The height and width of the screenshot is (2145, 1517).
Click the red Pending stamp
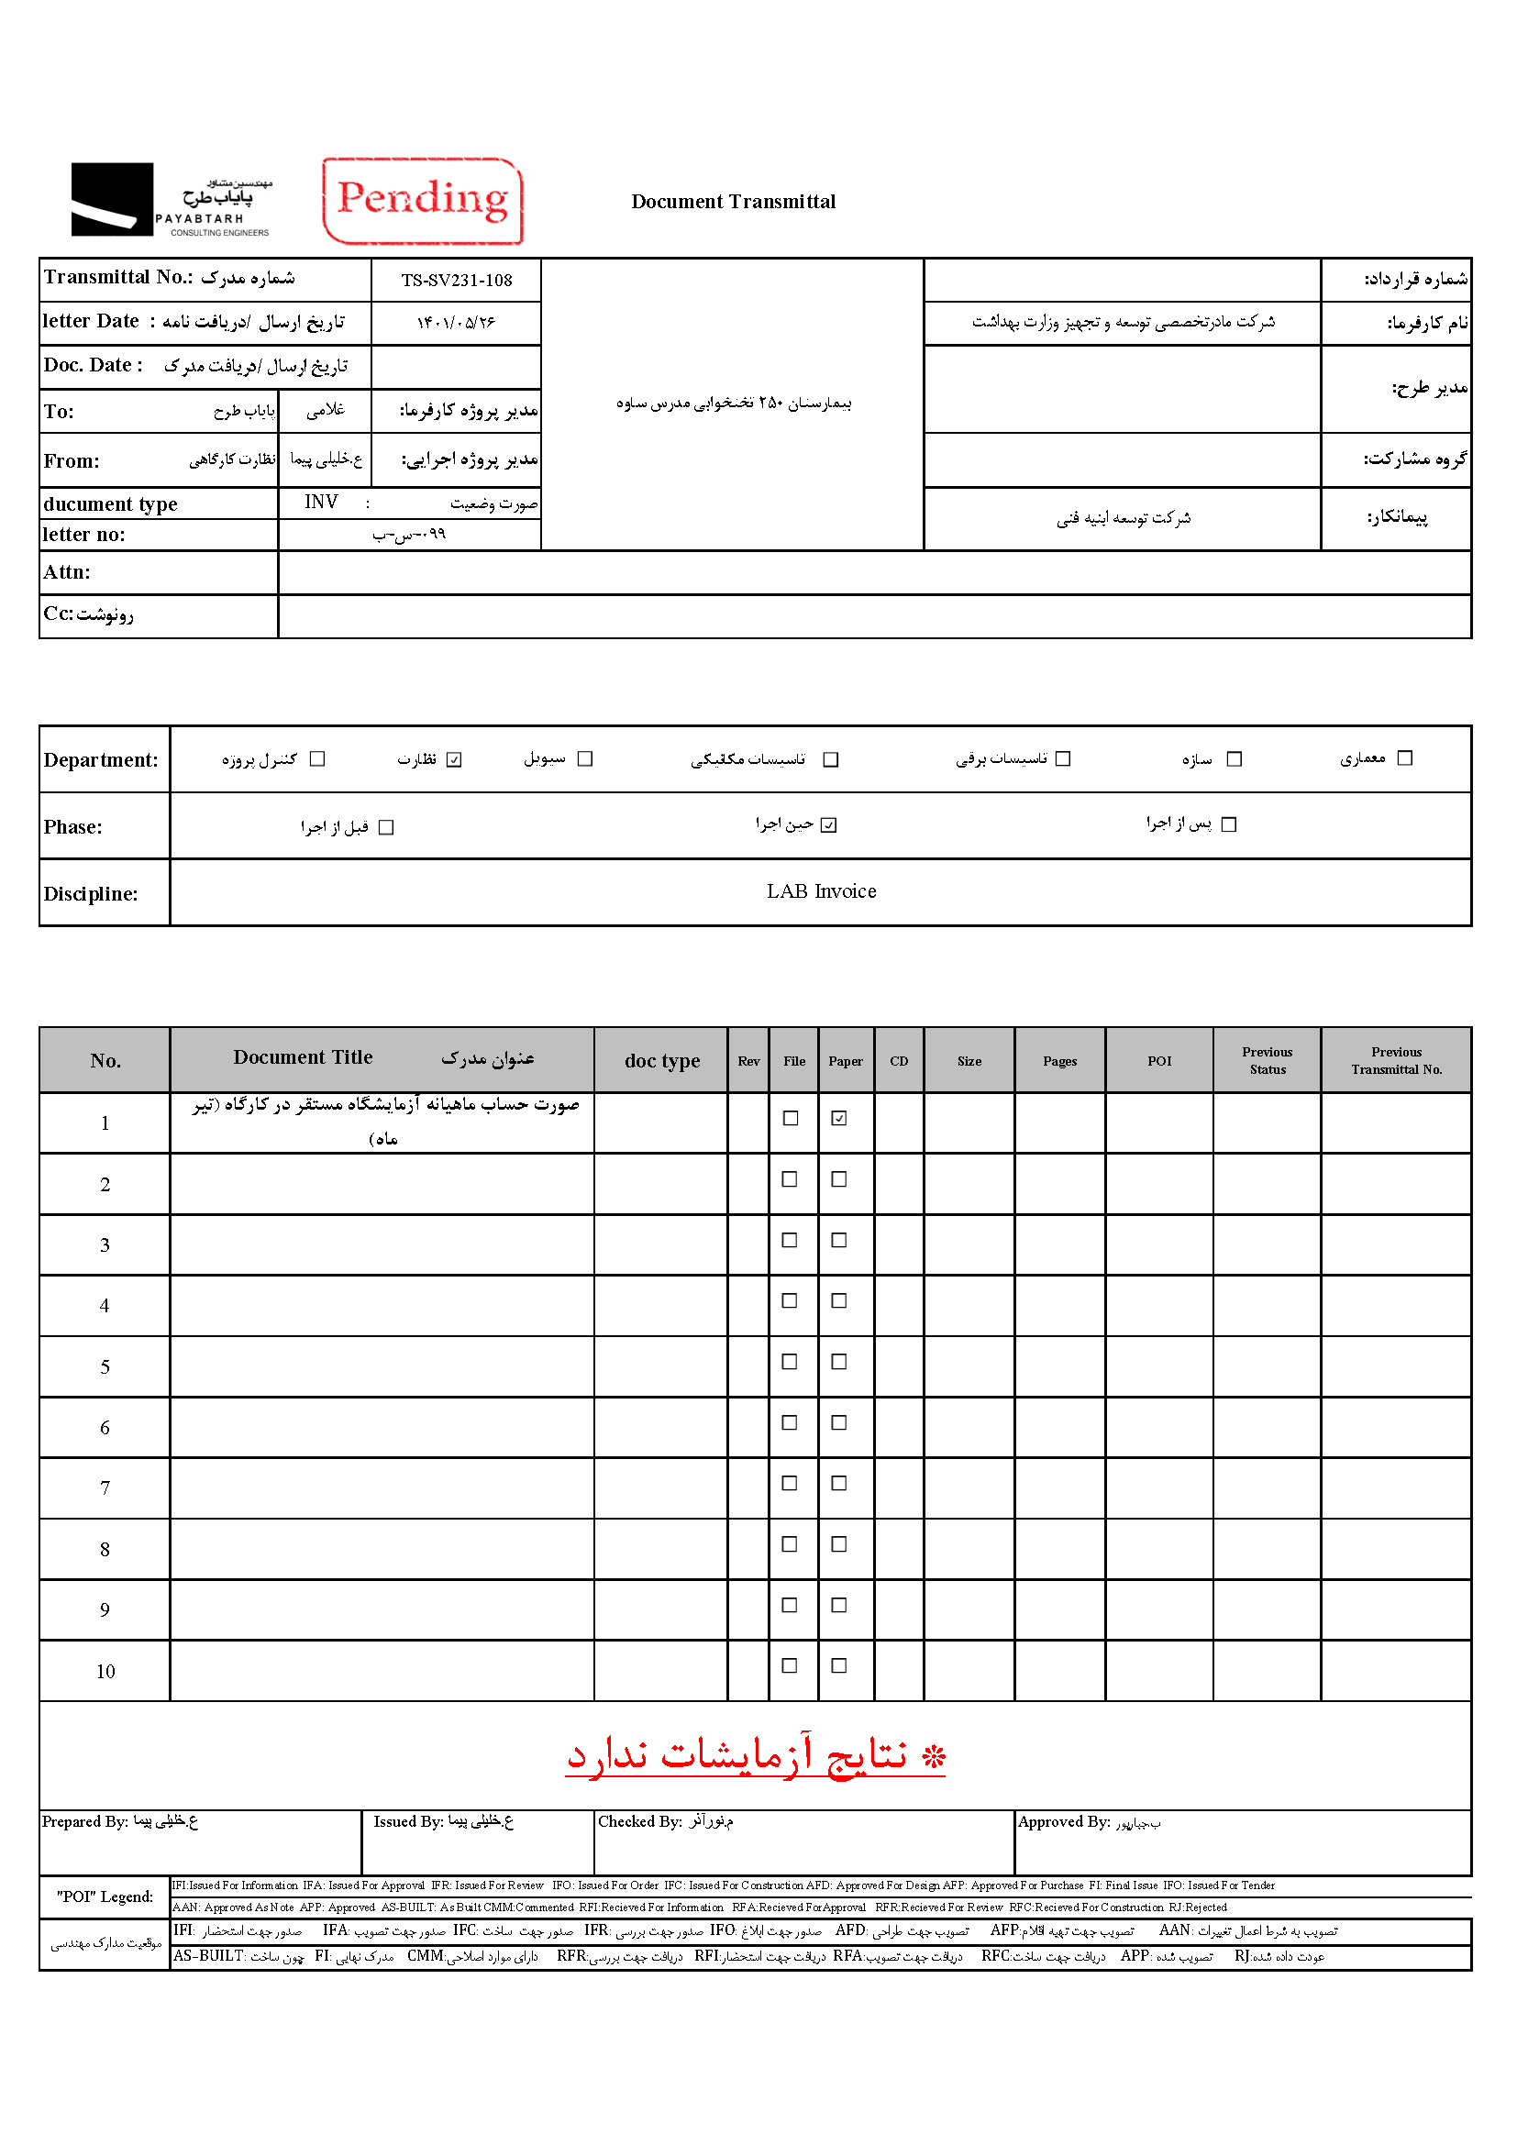(422, 201)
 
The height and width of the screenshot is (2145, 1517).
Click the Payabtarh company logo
(171, 200)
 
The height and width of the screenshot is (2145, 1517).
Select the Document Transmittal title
(734, 202)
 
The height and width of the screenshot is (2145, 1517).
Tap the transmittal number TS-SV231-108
(457, 281)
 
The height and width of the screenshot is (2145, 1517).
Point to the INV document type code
(320, 503)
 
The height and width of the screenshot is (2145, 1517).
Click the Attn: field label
(67, 572)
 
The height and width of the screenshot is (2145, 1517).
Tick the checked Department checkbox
(454, 759)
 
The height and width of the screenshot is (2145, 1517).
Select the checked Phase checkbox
(828, 825)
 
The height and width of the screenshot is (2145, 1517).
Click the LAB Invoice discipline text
(821, 892)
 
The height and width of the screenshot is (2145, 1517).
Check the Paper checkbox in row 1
(839, 1118)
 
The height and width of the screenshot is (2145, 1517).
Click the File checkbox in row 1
(791, 1118)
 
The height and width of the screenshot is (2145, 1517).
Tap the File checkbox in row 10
(790, 1665)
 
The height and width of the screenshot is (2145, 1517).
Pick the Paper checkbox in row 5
(839, 1362)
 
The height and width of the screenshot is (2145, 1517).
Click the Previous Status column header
(1267, 1060)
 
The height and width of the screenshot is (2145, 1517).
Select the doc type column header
(661, 1061)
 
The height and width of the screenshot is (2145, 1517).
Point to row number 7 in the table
(105, 1488)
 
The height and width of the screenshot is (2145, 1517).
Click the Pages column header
(1059, 1061)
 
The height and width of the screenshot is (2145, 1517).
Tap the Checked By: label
(640, 1822)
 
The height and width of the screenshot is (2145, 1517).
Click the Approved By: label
(1063, 1822)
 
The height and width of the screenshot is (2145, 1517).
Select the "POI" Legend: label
(105, 1896)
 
